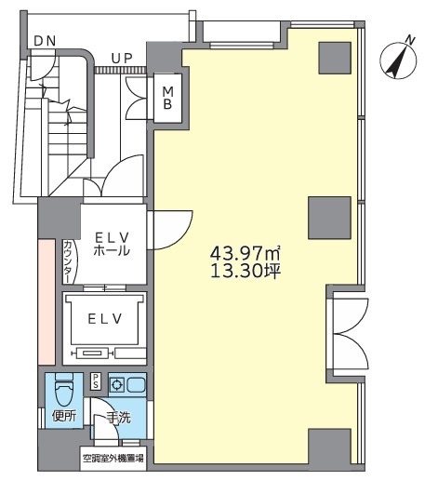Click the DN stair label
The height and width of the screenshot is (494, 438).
pyautogui.click(x=45, y=41)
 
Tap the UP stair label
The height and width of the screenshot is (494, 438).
pyautogui.click(x=122, y=59)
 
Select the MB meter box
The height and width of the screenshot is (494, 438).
pyautogui.click(x=167, y=99)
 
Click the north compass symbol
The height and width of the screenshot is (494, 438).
pyautogui.click(x=399, y=60)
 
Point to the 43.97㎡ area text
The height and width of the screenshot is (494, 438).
pyautogui.click(x=246, y=253)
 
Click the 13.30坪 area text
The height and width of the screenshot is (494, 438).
pyautogui.click(x=246, y=271)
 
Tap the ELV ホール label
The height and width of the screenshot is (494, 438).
pyautogui.click(x=112, y=244)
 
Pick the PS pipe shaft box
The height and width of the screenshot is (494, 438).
pyautogui.click(x=96, y=381)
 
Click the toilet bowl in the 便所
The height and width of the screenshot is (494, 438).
pyautogui.click(x=64, y=391)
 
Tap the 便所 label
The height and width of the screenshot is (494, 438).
pyautogui.click(x=64, y=417)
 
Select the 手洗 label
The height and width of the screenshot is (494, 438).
pyautogui.click(x=118, y=418)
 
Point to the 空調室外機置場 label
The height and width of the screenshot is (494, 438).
pyautogui.click(x=113, y=459)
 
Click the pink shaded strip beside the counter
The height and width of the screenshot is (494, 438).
pyautogui.click(x=46, y=302)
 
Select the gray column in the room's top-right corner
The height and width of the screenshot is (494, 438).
pyautogui.click(x=335, y=58)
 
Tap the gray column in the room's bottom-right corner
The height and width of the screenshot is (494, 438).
pyautogui.click(x=329, y=447)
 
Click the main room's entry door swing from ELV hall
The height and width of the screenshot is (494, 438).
pyautogui.click(x=170, y=230)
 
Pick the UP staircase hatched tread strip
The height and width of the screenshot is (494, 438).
pyautogui.click(x=121, y=70)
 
